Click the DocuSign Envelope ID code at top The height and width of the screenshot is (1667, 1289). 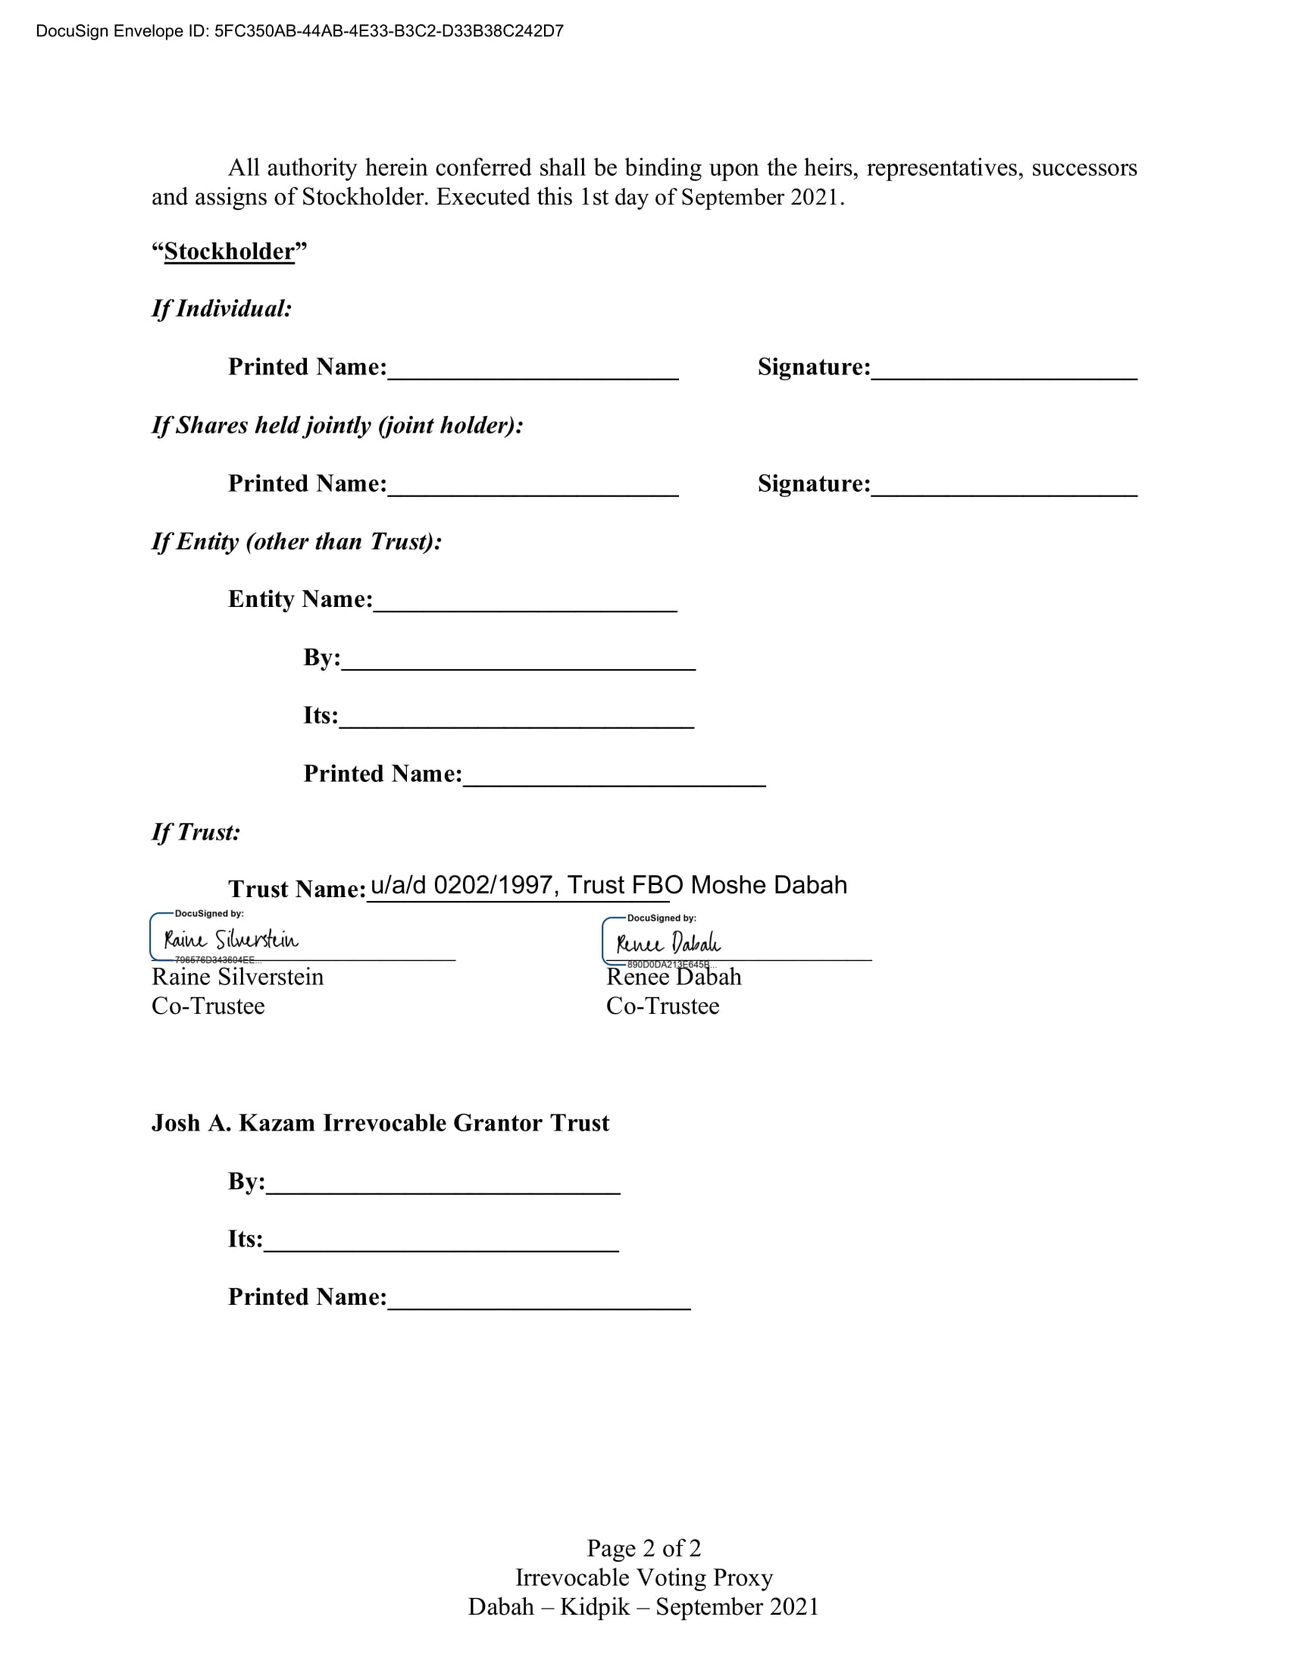(389, 31)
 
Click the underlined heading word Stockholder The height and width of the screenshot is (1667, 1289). (229, 251)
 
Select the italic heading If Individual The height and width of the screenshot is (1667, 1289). (221, 308)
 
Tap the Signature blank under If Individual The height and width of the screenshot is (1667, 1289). (1003, 370)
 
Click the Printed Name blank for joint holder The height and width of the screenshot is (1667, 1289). (533, 486)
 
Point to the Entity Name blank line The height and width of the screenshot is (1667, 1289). (525, 602)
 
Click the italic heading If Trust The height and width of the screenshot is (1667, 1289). (196, 832)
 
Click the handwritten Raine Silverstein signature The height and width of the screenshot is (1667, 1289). (231, 939)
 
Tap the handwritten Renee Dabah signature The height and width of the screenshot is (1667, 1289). (668, 943)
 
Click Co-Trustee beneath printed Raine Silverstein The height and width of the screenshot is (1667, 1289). (208, 1006)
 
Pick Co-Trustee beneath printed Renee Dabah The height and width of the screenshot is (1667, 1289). (662, 1006)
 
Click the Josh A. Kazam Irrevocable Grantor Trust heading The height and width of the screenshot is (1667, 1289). (380, 1123)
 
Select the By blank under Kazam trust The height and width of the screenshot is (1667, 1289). (443, 1184)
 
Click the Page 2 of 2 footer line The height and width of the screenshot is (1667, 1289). (643, 1548)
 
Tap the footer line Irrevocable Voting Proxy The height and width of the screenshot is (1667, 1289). (643, 1577)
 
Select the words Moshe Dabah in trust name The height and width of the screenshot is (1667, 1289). (768, 884)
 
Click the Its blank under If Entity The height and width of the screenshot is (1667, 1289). (516, 718)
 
